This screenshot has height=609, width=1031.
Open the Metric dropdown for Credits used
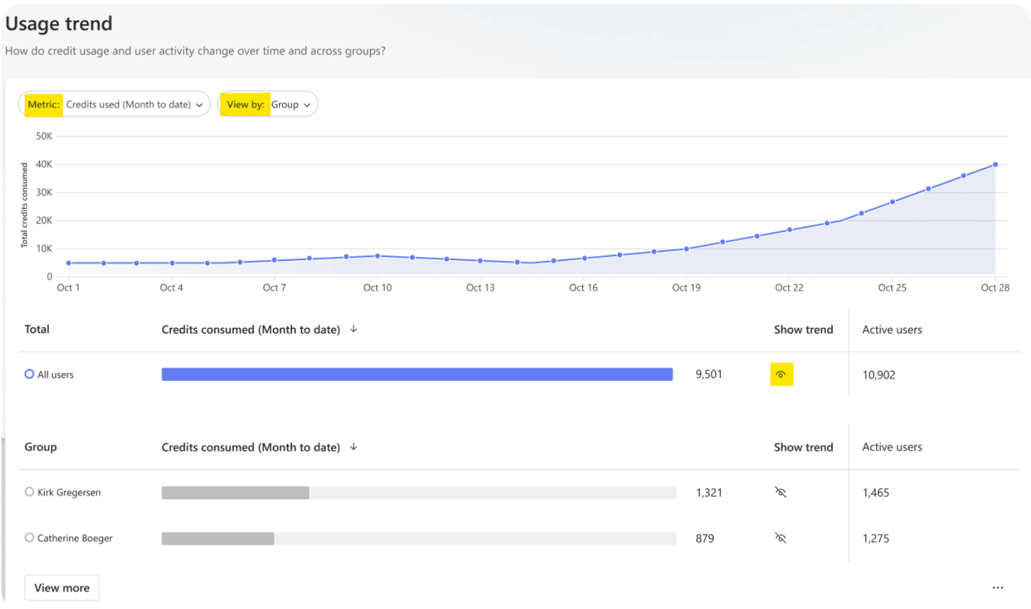[114, 105]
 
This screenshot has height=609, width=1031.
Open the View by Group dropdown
[268, 105]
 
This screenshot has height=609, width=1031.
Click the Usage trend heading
[59, 23]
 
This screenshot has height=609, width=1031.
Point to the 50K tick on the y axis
[44, 136]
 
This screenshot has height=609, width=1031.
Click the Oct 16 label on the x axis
[583, 288]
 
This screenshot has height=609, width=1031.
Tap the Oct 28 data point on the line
[995, 164]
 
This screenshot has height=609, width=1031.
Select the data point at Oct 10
[377, 256]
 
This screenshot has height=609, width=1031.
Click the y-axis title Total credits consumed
[24, 205]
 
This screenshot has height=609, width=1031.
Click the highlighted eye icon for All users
[781, 374]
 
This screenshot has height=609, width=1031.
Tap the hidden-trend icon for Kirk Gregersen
[780, 492]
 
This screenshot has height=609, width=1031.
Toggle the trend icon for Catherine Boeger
[780, 538]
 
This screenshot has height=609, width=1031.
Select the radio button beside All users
[29, 374]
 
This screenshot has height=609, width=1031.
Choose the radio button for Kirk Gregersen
[29, 492]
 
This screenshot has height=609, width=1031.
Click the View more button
[62, 588]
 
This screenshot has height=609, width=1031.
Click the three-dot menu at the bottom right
[998, 588]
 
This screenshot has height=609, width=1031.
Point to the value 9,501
[709, 374]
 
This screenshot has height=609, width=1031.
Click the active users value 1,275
[876, 538]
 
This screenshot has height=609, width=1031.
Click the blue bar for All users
[417, 374]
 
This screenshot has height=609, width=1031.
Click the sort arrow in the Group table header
[353, 447]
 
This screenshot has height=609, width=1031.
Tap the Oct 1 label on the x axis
[68, 288]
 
